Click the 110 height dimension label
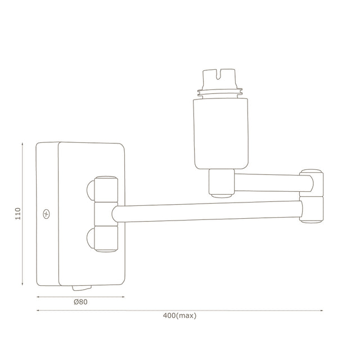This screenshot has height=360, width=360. [18, 214]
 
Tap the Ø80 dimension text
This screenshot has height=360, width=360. [80, 303]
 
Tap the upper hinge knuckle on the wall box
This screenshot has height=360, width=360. [105, 190]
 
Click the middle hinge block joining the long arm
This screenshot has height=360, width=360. [106, 214]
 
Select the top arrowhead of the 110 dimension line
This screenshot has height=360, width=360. [22, 144]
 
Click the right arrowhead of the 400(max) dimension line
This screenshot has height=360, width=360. [321, 310]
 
